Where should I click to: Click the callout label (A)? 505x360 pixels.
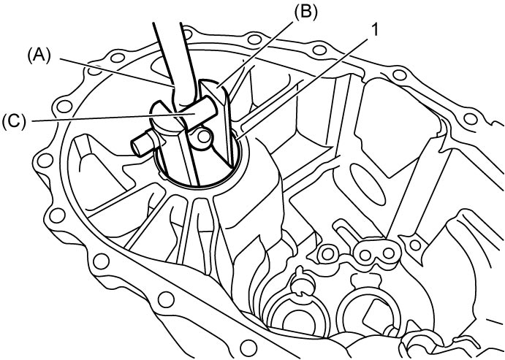[x=39, y=57]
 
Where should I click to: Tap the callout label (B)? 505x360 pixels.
[x=305, y=12]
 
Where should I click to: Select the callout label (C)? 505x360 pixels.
[x=13, y=122]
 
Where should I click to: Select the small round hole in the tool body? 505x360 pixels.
[x=204, y=137]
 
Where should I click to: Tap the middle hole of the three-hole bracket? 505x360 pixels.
[x=365, y=255]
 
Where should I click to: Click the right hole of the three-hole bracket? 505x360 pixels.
[x=389, y=254]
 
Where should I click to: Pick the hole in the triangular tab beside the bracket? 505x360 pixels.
[x=416, y=245]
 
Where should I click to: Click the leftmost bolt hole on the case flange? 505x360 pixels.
[x=45, y=160]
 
